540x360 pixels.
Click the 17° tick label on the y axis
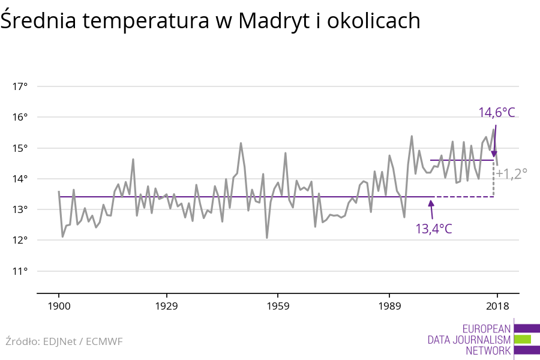20,86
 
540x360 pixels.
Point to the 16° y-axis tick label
20,117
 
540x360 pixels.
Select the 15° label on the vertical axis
20,148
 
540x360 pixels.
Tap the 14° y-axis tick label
20,179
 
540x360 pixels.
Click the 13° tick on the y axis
20,209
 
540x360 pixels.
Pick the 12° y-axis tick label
20,240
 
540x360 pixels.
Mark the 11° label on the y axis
20,271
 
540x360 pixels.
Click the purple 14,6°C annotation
497,113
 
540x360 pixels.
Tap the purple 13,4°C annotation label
434,229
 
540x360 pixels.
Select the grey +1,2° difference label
512,174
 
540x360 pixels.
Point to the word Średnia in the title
38,21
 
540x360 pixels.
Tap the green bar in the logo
523,340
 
